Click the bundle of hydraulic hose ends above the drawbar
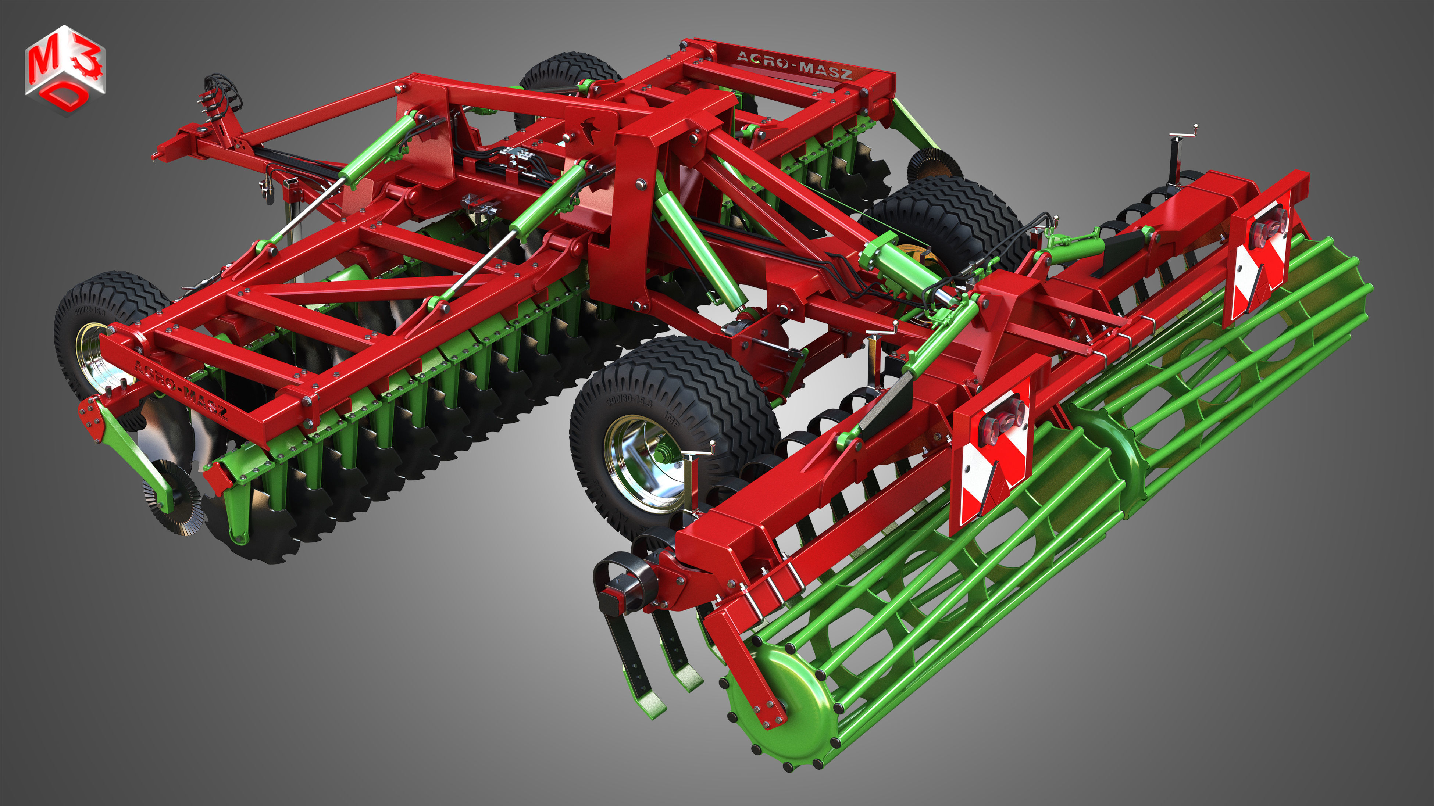click(220, 97)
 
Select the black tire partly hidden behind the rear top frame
click(568, 75)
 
